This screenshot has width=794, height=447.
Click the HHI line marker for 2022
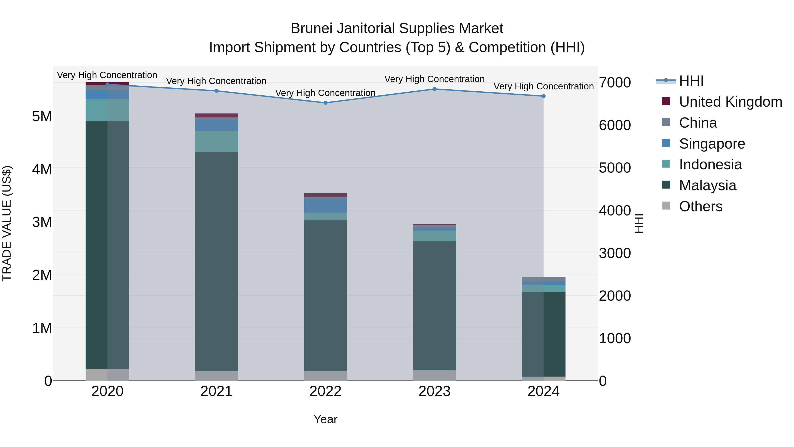326,103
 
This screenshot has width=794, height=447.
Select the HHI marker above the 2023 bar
434,89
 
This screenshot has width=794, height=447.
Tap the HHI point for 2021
216,91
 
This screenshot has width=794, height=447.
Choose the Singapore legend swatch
666,143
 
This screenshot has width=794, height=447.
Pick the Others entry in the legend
700,206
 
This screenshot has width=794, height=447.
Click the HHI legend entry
691,81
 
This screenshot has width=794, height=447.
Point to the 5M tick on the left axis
42,117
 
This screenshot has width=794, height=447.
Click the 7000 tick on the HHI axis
615,83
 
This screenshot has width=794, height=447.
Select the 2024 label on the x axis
543,391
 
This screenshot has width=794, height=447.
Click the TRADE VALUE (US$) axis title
7,223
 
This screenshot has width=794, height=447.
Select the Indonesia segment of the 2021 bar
216,141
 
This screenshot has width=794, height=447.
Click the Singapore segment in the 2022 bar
326,206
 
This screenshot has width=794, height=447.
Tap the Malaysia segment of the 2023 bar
434,306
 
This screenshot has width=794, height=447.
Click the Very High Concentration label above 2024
543,86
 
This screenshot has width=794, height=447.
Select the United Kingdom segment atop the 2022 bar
326,195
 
